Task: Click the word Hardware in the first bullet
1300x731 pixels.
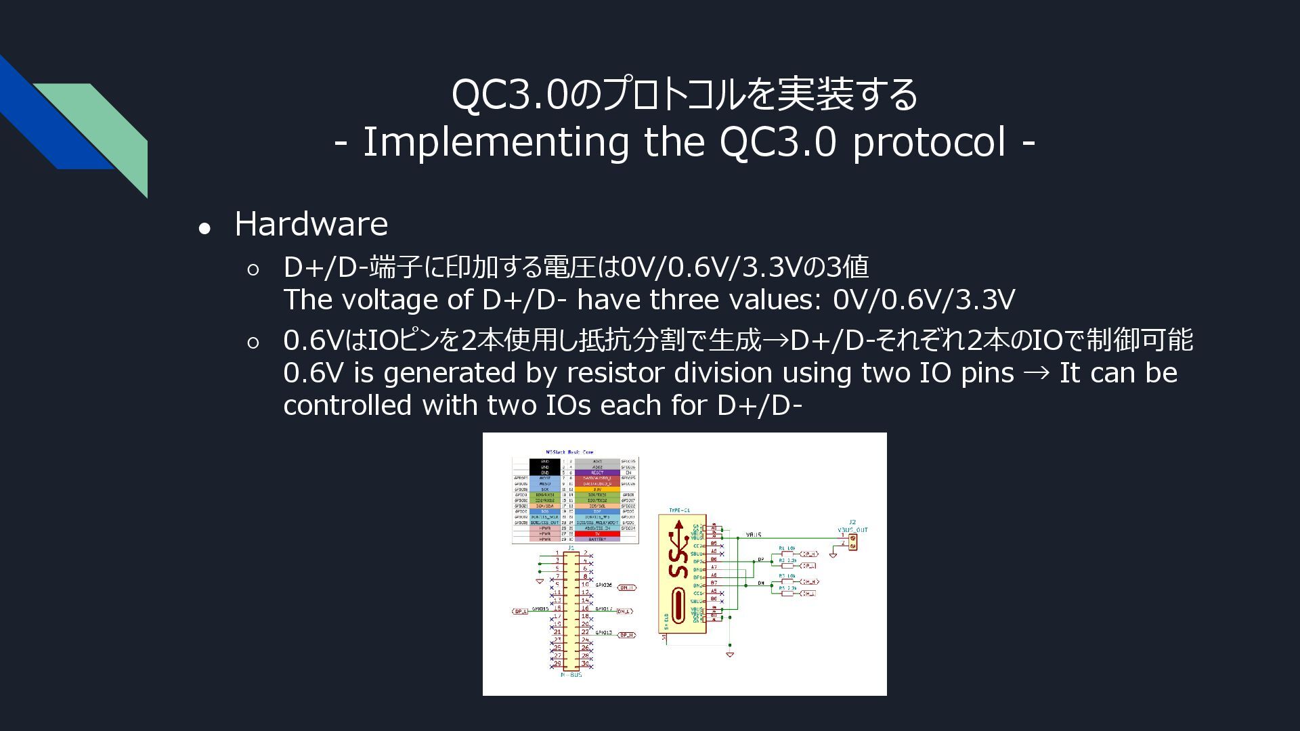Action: coord(311,224)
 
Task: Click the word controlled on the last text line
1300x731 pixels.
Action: coord(347,405)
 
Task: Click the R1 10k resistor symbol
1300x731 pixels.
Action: coord(787,554)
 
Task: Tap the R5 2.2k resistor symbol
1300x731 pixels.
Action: coord(787,593)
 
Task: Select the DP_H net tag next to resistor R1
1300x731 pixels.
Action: coord(809,554)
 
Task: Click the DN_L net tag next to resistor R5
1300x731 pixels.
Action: coord(808,594)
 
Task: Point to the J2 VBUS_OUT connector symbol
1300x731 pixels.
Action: coord(852,541)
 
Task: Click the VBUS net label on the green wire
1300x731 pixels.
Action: coord(754,535)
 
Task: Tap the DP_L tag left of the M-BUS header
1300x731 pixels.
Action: coord(520,611)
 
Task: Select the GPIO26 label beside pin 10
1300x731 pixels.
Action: coord(603,585)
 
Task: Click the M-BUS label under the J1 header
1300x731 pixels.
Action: coord(571,675)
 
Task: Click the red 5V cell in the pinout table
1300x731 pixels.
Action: coord(597,534)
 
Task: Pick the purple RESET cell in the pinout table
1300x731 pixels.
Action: coord(597,472)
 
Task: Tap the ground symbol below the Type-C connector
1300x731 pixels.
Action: coord(730,655)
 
